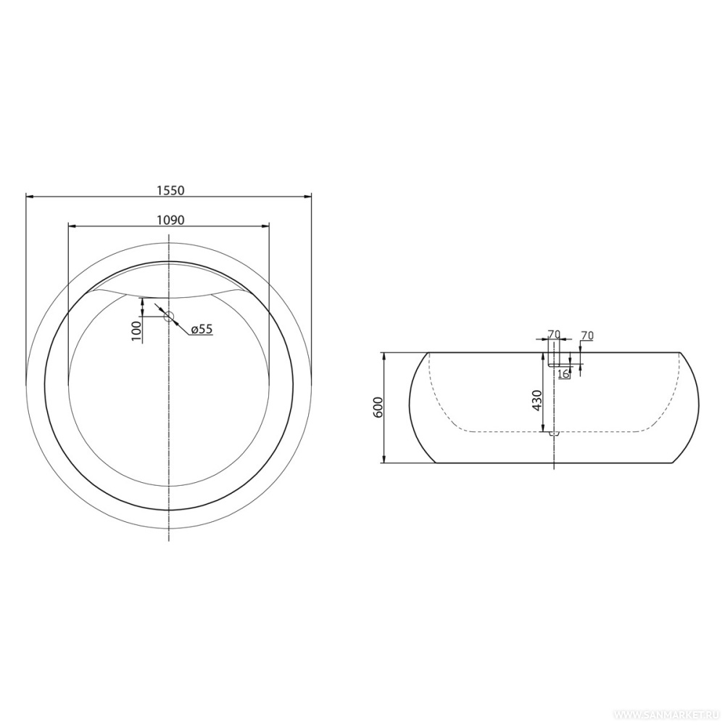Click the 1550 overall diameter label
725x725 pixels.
point(170,191)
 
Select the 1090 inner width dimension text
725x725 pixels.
point(170,220)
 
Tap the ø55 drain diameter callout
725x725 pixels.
point(201,329)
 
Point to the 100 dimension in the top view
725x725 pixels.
point(136,331)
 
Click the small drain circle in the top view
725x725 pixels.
point(169,316)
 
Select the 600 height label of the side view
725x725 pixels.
point(378,407)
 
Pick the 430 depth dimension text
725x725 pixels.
point(536,400)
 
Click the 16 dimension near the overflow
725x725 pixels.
point(563,373)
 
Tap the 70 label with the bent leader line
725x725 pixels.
point(587,336)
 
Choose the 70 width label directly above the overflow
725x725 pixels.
point(554,333)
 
